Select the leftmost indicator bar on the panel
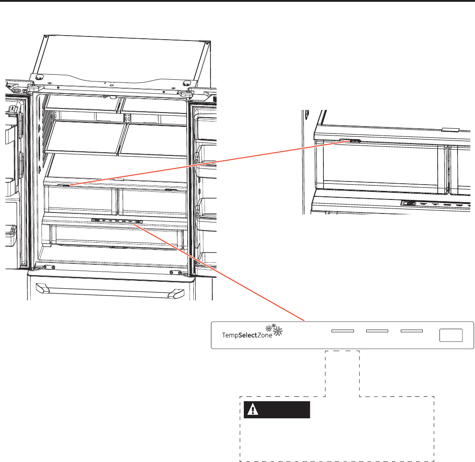342,331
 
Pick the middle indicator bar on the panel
377,331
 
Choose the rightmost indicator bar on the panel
412,331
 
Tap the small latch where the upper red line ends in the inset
355,140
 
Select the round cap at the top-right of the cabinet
185,83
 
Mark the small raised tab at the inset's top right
450,129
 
